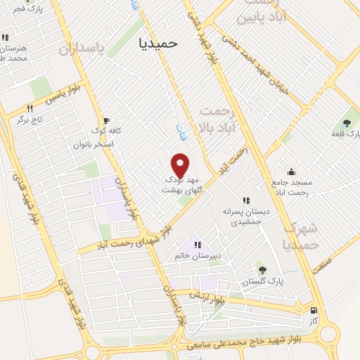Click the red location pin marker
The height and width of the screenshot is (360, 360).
click(181, 165)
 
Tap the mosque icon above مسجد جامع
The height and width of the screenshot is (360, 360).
click(291, 172)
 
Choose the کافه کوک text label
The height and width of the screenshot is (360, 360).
click(107, 131)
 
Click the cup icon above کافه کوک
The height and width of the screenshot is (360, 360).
click(107, 121)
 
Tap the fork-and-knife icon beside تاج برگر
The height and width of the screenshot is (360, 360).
click(30, 108)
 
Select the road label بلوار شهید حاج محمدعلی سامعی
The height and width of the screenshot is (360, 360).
click(239, 345)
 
